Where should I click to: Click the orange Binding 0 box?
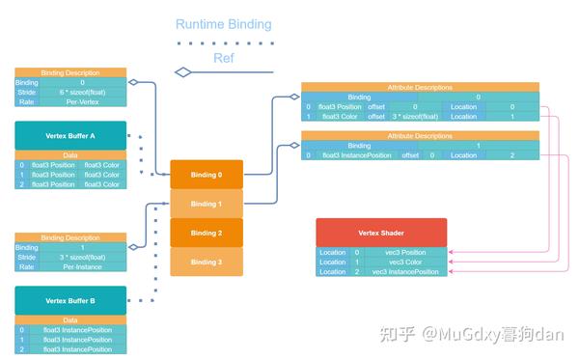click(x=206, y=175)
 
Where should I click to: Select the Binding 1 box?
click(x=206, y=204)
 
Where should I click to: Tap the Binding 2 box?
click(x=206, y=233)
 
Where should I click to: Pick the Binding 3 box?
click(x=206, y=262)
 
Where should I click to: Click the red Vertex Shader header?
click(x=381, y=233)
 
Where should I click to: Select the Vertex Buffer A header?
click(x=69, y=135)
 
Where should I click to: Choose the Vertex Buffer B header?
click(x=69, y=300)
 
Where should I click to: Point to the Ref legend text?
click(x=224, y=58)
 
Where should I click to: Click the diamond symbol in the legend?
click(x=183, y=71)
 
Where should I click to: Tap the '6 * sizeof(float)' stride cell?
click(x=83, y=93)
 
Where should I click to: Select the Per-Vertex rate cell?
click(x=83, y=102)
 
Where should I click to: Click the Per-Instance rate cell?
click(x=83, y=266)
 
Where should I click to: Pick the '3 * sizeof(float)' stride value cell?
click(x=83, y=257)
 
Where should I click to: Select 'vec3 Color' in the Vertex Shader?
click(x=405, y=262)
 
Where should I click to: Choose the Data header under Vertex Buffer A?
click(x=69, y=154)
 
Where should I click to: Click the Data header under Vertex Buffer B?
click(x=69, y=319)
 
